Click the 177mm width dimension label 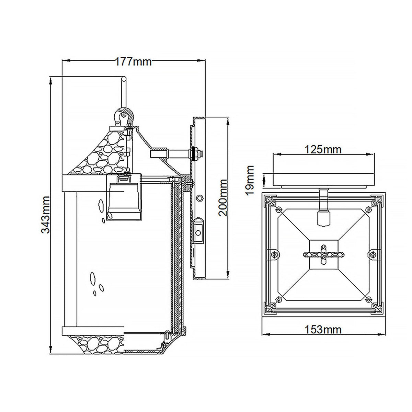(x=133, y=62)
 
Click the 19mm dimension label (x=250, y=180)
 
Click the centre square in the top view (x=323, y=254)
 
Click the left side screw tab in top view (x=274, y=254)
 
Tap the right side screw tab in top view (x=373, y=254)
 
